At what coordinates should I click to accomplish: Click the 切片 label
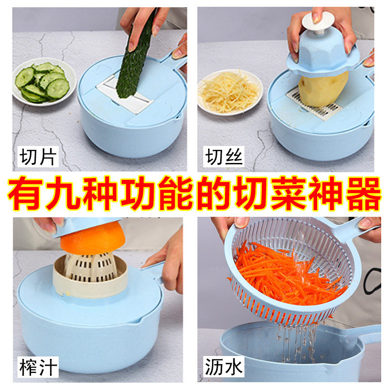point(38,158)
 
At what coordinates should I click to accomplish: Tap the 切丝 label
point(224,158)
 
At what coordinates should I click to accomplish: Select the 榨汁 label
point(38,367)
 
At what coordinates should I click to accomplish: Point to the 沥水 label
point(224,367)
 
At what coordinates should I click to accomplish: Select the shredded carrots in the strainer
point(286,276)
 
